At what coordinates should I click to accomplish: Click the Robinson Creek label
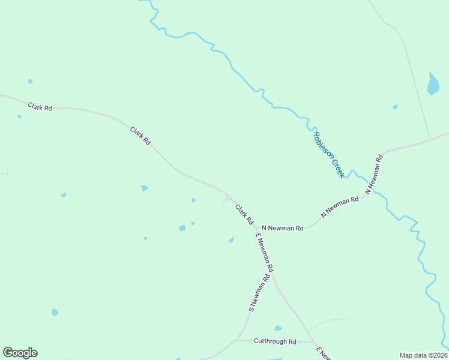coord(328,155)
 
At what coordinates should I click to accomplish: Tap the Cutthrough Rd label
coord(275,342)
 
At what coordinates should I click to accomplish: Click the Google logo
coord(20,353)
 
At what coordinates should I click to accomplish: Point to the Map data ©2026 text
coord(423,355)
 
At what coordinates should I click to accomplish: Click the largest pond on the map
coord(433,85)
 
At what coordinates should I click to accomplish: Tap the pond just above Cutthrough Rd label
coord(278,328)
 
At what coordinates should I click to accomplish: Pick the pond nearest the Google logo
coord(55,312)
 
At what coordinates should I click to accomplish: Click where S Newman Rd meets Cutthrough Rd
coord(236,340)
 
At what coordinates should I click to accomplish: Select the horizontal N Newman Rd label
coord(283,228)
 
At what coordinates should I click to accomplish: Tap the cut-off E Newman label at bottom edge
coord(324,354)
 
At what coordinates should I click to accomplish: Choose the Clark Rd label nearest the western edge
coord(40,107)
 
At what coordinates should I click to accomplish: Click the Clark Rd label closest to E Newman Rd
coord(244,215)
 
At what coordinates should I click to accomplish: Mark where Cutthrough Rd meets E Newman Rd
coord(314,343)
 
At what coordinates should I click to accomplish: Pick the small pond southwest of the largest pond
coord(395,107)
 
